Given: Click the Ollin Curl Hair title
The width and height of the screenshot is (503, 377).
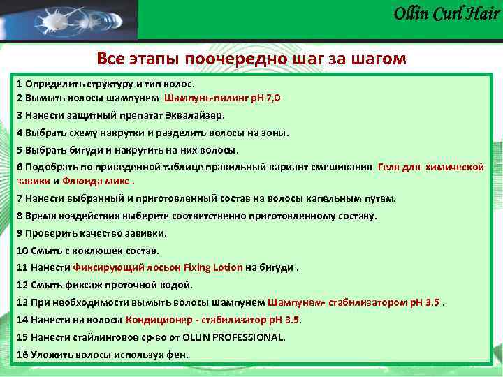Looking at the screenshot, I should [446, 13].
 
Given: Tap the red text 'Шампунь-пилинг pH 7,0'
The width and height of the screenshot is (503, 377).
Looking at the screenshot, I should [223, 98].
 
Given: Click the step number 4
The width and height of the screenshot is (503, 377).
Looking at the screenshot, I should [20, 133].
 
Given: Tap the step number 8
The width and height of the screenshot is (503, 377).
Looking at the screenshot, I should [20, 216].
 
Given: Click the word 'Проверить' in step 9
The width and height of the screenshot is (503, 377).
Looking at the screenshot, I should [49, 233].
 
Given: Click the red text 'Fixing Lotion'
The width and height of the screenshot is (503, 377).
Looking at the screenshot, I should [218, 267].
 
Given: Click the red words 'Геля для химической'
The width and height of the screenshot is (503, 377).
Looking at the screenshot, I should [430, 168].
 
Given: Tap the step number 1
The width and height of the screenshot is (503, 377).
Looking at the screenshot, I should [20, 83].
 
